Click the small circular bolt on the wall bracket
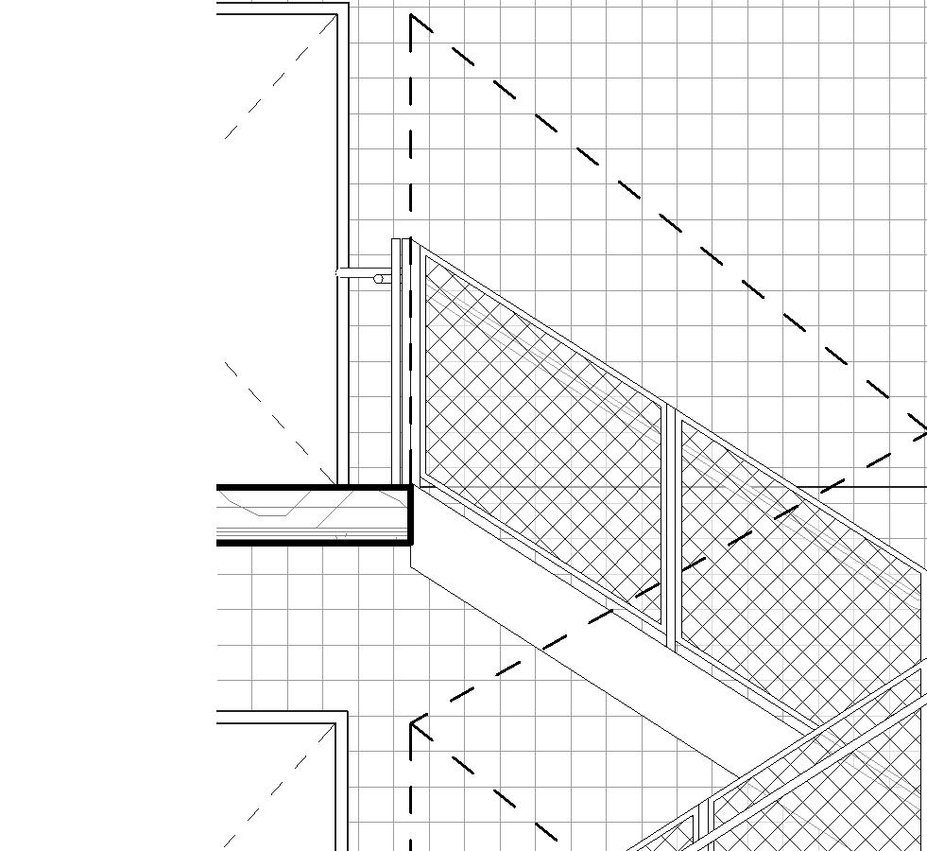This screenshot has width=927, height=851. click(380, 279)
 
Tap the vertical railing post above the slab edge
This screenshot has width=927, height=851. click(399, 359)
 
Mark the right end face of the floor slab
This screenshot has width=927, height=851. click(411, 515)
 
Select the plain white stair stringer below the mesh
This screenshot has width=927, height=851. click(586, 643)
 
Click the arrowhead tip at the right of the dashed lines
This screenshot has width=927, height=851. click(925, 433)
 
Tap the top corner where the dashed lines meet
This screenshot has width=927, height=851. click(412, 16)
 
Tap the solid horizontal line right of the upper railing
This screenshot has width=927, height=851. click(860, 487)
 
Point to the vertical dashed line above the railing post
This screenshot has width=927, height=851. click(412, 123)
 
